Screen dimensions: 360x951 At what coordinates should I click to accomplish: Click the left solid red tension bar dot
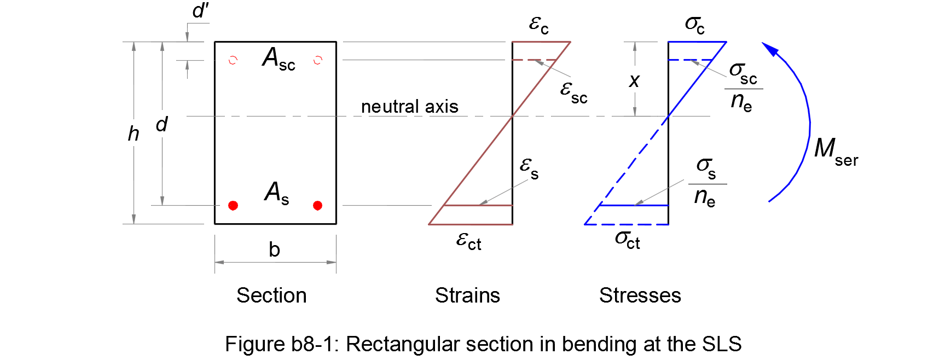233,206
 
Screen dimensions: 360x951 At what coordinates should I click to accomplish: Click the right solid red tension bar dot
317,206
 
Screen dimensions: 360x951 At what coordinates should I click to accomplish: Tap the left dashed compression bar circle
233,60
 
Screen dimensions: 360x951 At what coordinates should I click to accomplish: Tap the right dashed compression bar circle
317,60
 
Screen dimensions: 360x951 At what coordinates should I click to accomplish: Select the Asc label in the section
279,59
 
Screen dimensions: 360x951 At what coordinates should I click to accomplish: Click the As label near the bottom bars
276,193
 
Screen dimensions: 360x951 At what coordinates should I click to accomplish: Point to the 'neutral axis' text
409,106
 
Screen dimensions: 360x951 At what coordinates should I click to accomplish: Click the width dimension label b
274,249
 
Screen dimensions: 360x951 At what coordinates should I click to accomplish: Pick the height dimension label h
134,134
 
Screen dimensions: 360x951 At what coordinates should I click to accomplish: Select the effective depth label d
161,125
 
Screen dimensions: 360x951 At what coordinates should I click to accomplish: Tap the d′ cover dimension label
200,11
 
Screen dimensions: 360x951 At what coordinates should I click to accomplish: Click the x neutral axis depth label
634,81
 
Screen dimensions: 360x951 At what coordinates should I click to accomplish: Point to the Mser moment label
836,150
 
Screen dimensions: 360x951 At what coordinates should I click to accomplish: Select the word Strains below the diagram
467,295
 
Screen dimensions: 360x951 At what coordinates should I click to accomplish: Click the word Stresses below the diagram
640,295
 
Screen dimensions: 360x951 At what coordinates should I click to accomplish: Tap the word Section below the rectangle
271,295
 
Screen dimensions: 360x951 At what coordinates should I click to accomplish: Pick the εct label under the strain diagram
469,241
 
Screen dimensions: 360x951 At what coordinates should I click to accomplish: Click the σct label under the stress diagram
628,239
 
